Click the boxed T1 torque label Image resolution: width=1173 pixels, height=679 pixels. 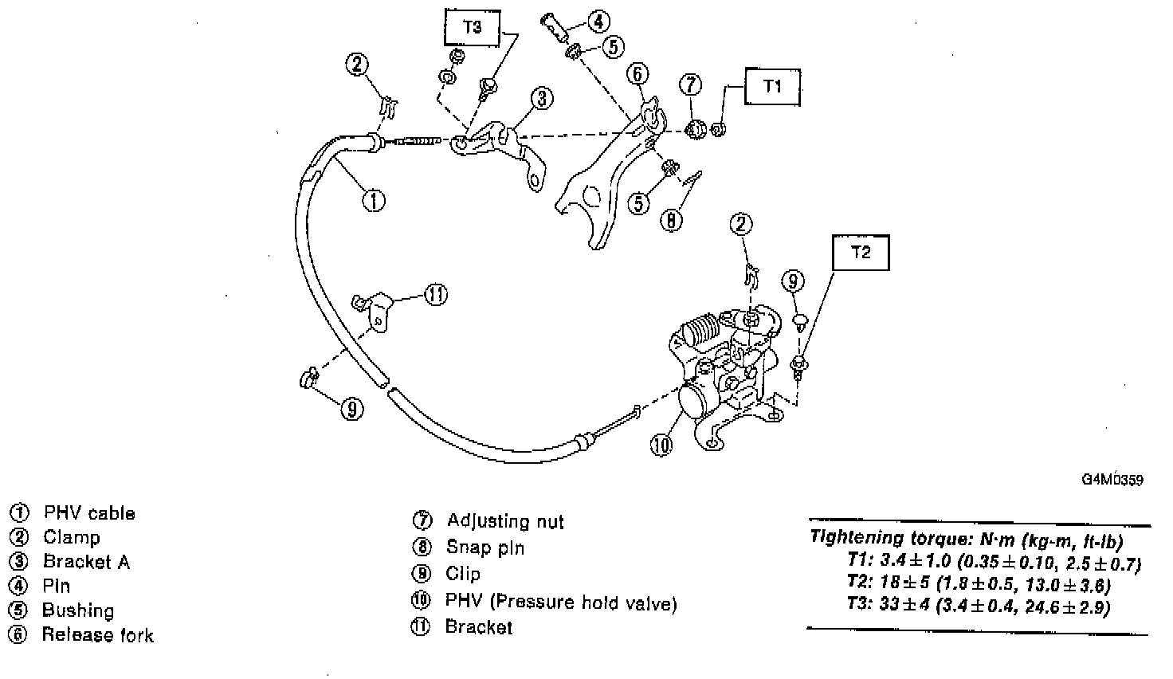click(x=772, y=87)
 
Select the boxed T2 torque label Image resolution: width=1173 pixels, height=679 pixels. click(x=861, y=253)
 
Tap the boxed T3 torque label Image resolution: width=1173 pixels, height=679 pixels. click(x=473, y=26)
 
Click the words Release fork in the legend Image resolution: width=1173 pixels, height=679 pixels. click(x=97, y=635)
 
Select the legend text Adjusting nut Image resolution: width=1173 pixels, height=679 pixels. click(x=505, y=521)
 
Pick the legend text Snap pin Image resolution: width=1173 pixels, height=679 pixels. click(x=485, y=548)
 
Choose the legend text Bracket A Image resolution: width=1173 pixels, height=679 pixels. click(x=86, y=562)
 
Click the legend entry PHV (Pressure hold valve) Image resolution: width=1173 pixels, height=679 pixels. click(x=561, y=602)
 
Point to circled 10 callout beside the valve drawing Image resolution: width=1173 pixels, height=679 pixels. click(x=661, y=445)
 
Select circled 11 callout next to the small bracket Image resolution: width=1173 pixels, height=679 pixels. click(x=435, y=295)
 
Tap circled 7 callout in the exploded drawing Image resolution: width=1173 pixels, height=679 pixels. click(x=691, y=84)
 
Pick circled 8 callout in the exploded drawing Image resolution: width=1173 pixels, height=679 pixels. click(x=672, y=220)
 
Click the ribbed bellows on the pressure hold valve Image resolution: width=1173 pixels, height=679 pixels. click(x=702, y=330)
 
